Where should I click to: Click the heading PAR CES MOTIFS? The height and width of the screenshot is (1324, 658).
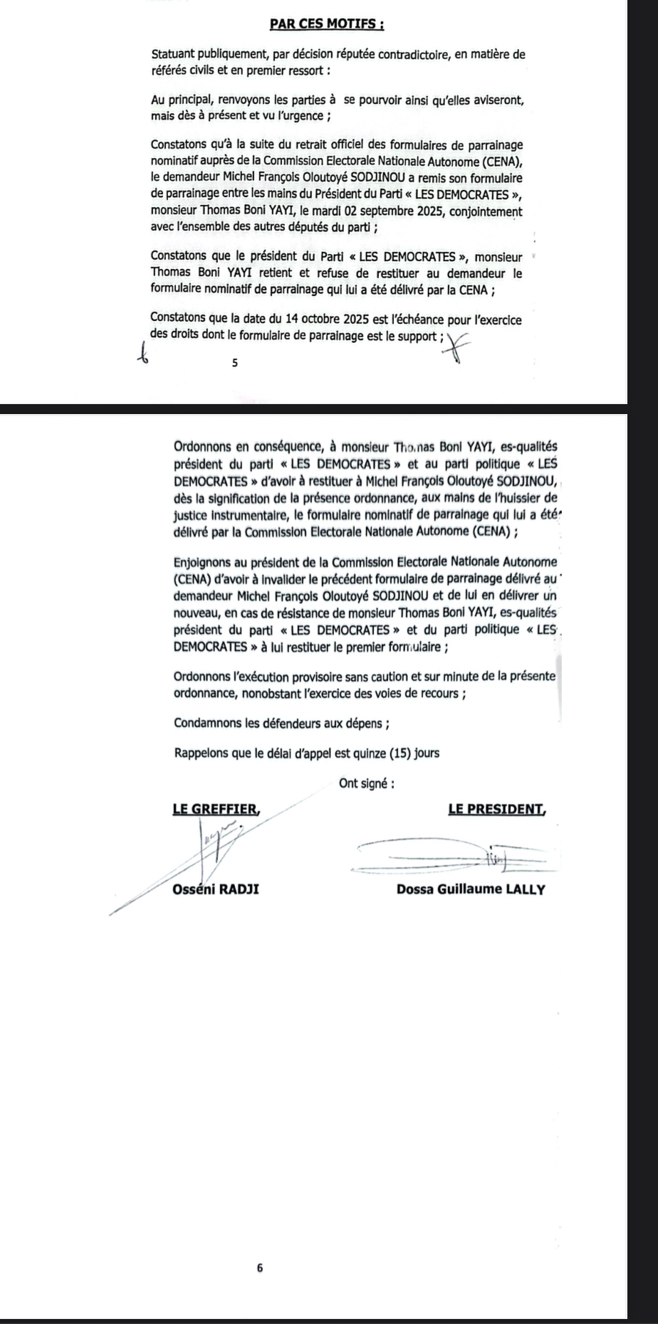click(328, 23)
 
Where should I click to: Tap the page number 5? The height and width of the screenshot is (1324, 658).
click(234, 364)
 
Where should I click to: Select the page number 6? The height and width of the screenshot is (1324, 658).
click(260, 1267)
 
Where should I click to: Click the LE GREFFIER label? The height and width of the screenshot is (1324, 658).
click(216, 809)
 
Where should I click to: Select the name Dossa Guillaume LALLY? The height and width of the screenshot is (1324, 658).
click(471, 889)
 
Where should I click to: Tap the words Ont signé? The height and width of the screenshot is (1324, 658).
click(367, 783)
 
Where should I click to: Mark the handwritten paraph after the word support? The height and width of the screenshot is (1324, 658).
click(457, 348)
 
